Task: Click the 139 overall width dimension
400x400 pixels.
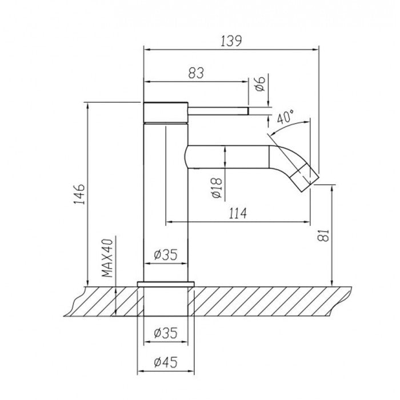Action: [x=231, y=41]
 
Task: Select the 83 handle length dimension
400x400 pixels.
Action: [x=195, y=73]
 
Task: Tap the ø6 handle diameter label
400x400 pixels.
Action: [x=258, y=85]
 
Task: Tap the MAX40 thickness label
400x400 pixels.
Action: [x=107, y=258]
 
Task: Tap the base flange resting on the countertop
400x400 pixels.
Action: [x=166, y=283]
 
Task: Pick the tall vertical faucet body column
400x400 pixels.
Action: [x=165, y=217]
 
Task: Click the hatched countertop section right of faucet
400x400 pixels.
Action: [x=263, y=300]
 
